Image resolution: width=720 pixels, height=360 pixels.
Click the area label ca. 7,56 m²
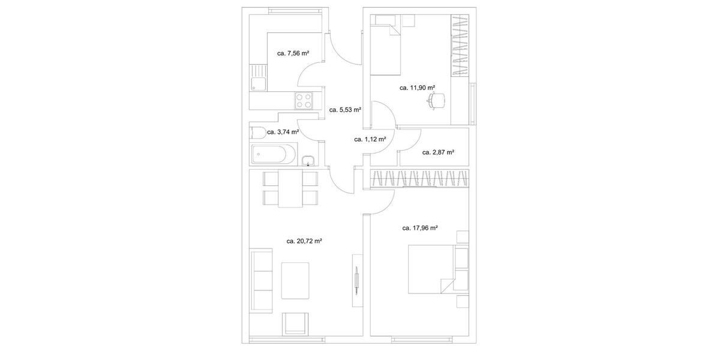tap(293, 53)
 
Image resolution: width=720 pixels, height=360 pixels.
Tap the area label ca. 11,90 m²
tap(417, 88)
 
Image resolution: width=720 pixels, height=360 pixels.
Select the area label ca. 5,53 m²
tap(345, 110)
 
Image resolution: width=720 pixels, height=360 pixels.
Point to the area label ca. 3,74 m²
tap(283, 132)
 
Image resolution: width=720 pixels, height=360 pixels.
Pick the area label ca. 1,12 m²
tap(370, 139)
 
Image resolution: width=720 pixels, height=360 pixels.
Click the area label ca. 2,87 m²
tap(438, 152)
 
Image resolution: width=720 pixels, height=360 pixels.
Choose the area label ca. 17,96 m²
tap(419, 228)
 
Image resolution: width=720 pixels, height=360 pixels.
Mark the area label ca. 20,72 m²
tap(304, 241)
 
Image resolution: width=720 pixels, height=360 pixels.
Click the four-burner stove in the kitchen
tap(304, 100)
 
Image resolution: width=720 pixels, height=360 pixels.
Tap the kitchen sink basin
tap(259, 84)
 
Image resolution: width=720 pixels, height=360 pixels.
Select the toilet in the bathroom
tap(256, 132)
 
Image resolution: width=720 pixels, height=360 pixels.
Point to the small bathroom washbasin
tap(308, 160)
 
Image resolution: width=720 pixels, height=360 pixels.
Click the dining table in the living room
tap(291, 188)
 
